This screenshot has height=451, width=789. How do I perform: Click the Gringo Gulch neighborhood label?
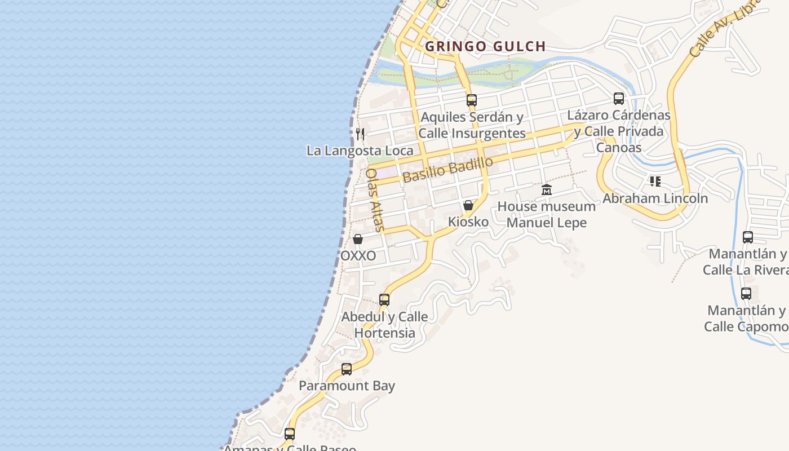(x=485, y=46)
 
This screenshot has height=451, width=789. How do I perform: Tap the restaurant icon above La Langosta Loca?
(x=360, y=134)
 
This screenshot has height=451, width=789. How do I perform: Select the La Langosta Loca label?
(x=360, y=151)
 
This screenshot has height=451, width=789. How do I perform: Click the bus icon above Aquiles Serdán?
(x=472, y=100)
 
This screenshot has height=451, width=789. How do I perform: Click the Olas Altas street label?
(x=375, y=200)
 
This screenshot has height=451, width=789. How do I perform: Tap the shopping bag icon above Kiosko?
(x=468, y=205)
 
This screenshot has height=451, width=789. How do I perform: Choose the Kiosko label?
(x=468, y=222)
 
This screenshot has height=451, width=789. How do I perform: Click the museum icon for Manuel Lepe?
(x=547, y=190)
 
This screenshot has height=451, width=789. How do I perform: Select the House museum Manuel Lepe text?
(x=546, y=214)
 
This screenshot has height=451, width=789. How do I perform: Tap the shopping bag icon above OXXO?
(x=358, y=239)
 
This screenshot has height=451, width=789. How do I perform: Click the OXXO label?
(x=358, y=255)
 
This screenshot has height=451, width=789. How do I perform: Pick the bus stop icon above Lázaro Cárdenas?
(x=619, y=99)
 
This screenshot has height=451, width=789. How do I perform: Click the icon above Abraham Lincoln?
(x=655, y=182)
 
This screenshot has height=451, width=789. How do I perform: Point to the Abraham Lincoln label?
(x=655, y=198)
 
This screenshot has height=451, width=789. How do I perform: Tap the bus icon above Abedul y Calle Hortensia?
(x=384, y=300)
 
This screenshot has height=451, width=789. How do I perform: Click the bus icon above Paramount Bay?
(x=347, y=369)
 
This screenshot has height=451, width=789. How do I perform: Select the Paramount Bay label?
(x=347, y=386)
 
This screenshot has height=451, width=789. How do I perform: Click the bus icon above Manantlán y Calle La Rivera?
(x=748, y=237)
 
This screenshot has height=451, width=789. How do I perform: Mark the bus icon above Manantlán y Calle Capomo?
(x=746, y=294)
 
